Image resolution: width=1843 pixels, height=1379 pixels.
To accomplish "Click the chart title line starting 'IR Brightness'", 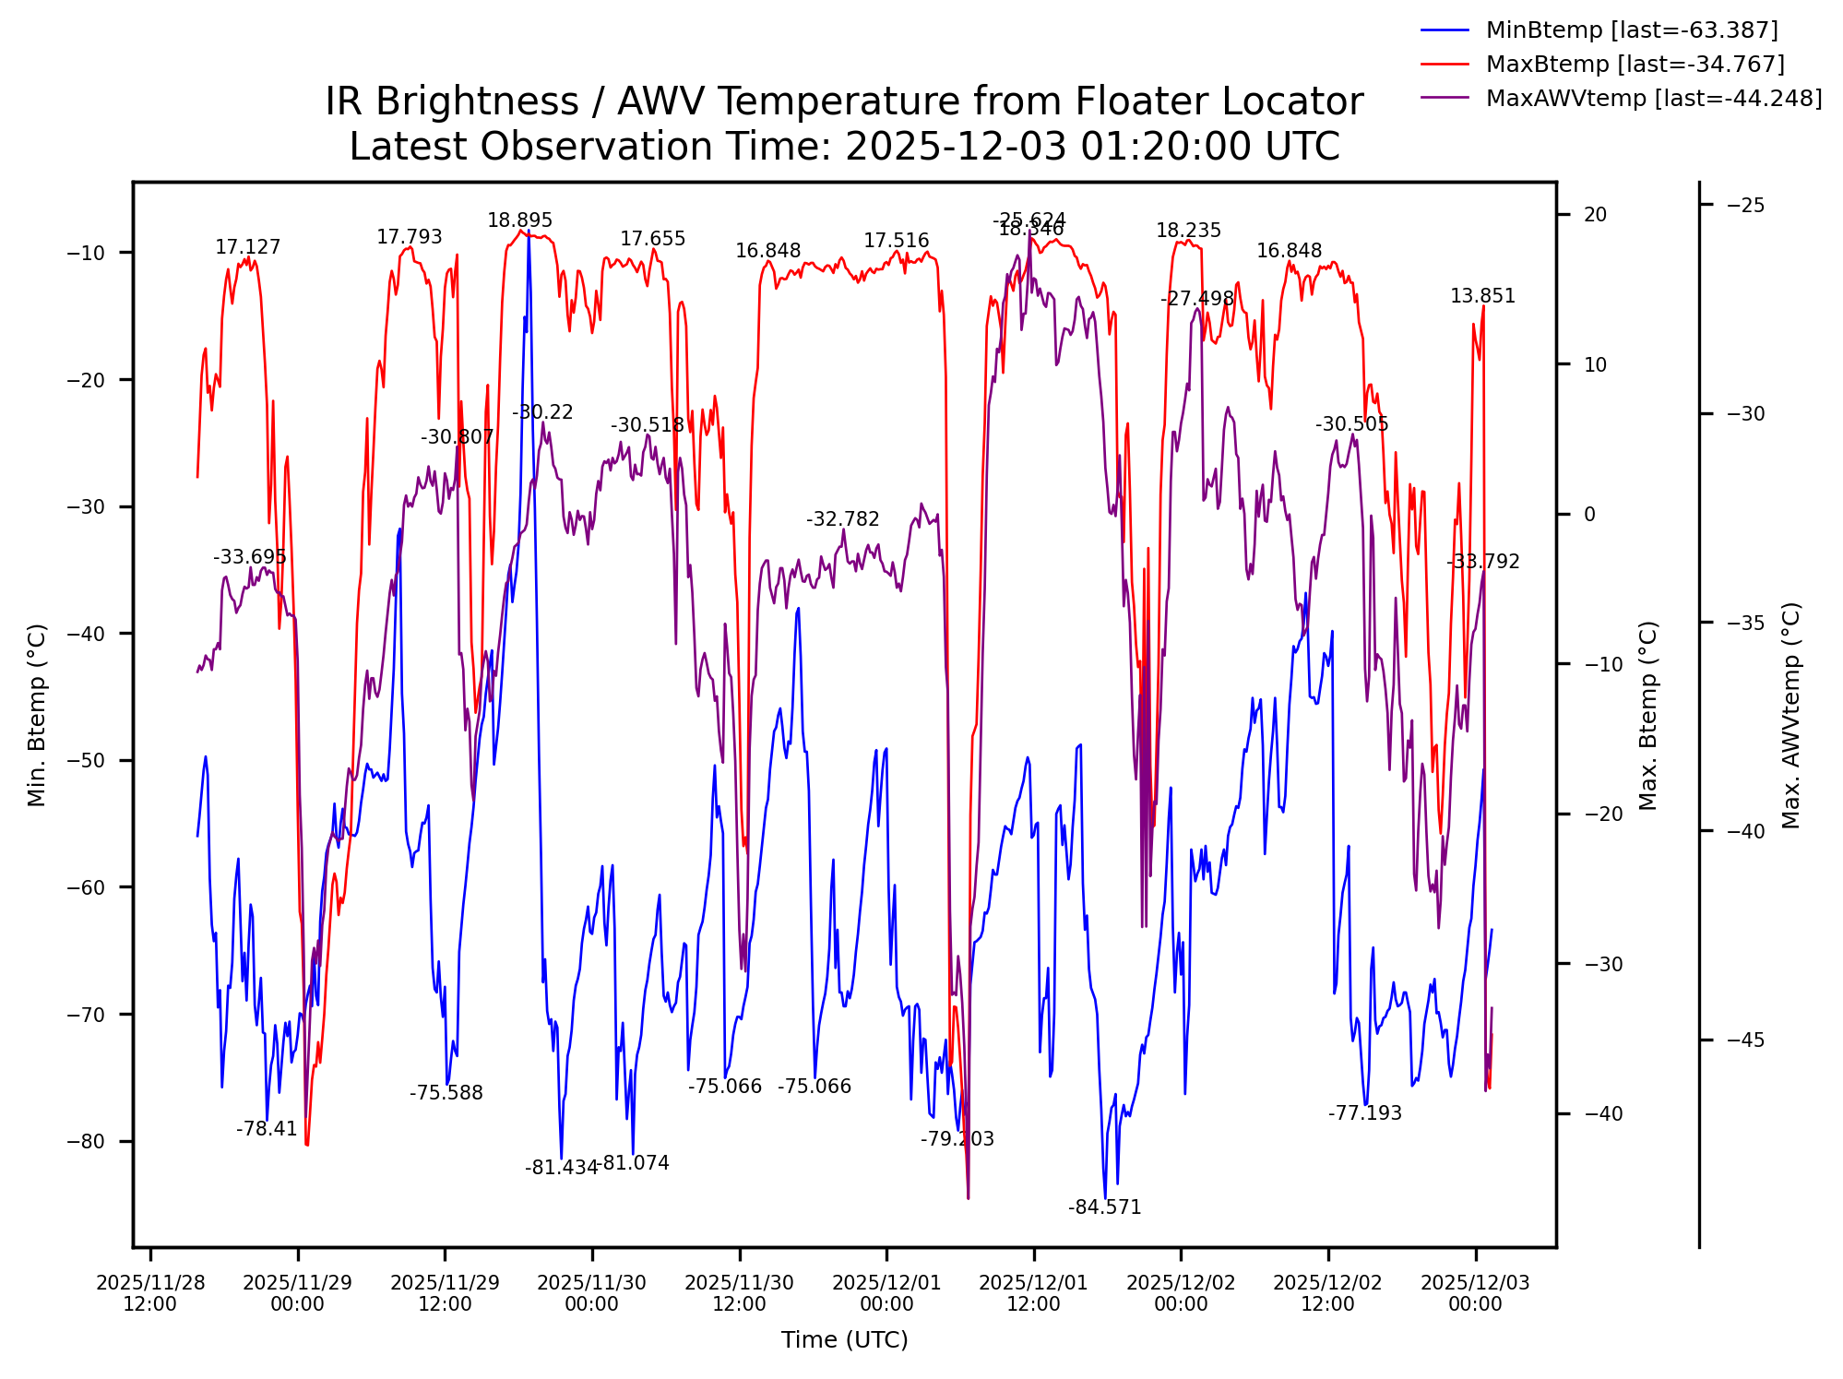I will [x=844, y=102].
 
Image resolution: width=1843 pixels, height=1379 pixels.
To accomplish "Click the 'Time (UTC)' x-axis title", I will [x=844, y=1339].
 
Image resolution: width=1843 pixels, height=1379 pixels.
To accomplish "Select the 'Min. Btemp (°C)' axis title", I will [x=37, y=715].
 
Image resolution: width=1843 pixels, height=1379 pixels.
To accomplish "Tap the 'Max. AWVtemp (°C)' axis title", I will [x=1790, y=715].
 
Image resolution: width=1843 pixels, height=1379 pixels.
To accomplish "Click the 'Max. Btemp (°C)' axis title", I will [x=1648, y=715].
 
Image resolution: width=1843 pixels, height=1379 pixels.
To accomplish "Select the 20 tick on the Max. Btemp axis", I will [x=1595, y=215].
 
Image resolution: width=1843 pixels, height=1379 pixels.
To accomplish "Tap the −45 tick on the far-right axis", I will [x=1745, y=1040].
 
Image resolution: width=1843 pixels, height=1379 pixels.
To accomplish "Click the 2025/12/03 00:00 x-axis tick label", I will [x=1475, y=1293].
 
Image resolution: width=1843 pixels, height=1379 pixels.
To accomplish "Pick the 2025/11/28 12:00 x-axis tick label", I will [x=149, y=1293].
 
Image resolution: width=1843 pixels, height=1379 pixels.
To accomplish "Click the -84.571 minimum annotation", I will [x=1104, y=1207].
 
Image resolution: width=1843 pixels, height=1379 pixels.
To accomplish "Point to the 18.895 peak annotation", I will [x=519, y=220].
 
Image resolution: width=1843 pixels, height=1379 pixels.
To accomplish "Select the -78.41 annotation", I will [x=267, y=1129].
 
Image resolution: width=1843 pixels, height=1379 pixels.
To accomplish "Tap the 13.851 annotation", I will [x=1482, y=296].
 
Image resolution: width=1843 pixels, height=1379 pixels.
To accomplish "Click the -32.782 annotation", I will [x=842, y=519].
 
